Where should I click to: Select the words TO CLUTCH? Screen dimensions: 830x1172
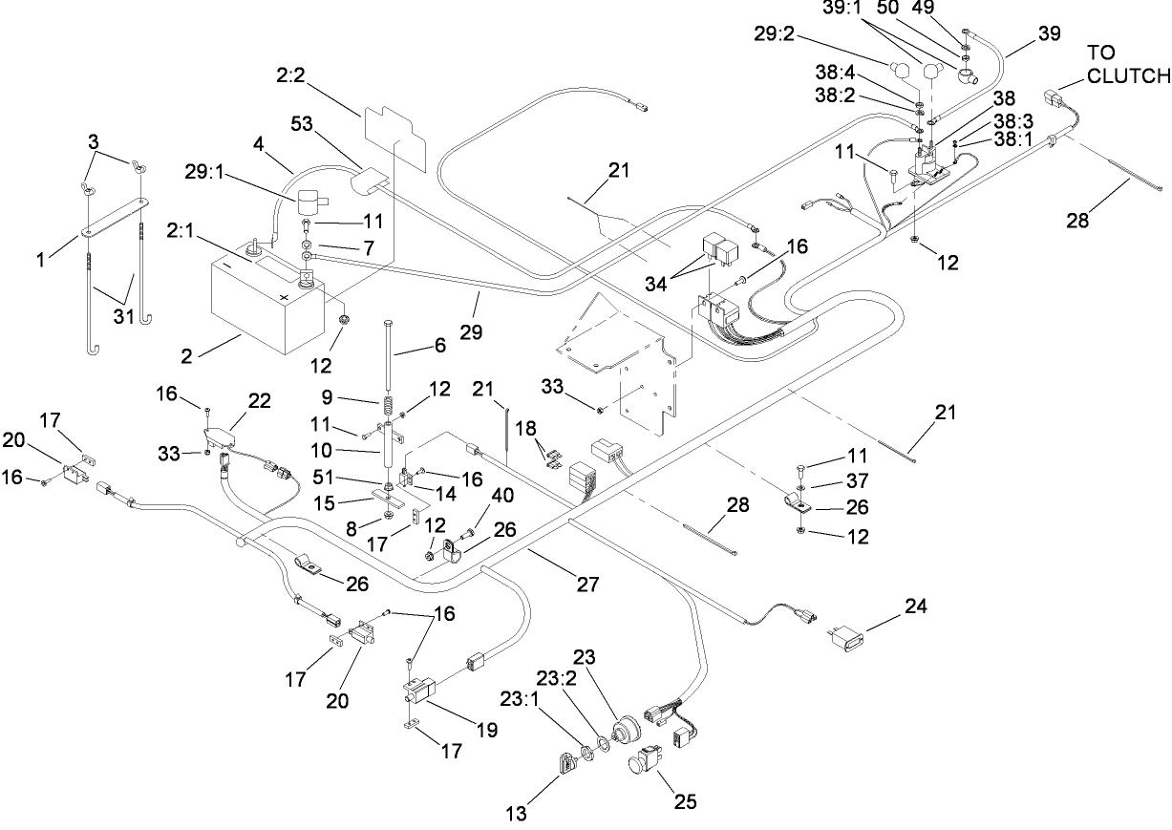pos(1128,63)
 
